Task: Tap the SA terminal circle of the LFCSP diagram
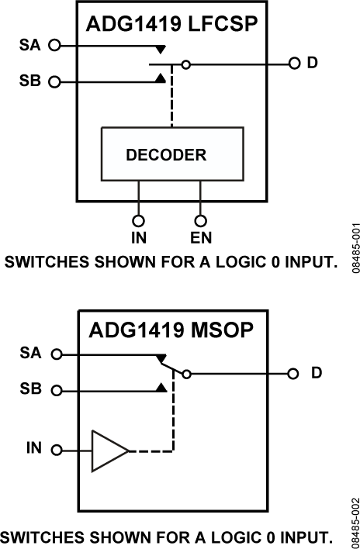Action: click(54, 46)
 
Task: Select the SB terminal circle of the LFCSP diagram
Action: click(54, 81)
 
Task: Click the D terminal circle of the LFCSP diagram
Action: click(294, 63)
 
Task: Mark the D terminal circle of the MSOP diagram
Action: click(294, 374)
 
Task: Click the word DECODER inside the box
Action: click(166, 155)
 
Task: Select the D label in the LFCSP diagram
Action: click(311, 62)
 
